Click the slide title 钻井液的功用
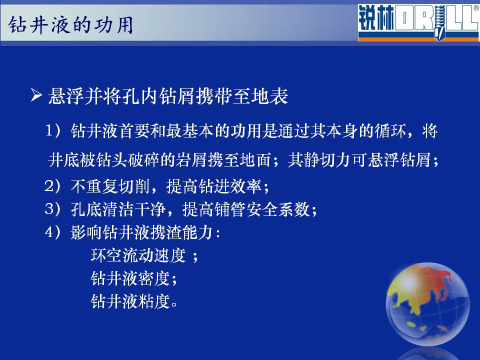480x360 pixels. pyautogui.click(x=70, y=25)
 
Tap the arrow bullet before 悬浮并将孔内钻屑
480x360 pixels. pyautogui.click(x=36, y=95)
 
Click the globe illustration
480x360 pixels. pyautogui.click(x=427, y=304)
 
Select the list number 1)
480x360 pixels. pyautogui.click(x=53, y=130)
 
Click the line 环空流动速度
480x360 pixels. pyautogui.click(x=138, y=255)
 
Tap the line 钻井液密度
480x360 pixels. pyautogui.click(x=130, y=278)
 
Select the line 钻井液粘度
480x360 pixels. pyautogui.click(x=130, y=301)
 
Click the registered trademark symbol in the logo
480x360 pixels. pyautogui.click(x=476, y=8)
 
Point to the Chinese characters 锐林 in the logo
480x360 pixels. pyautogui.click(x=376, y=18)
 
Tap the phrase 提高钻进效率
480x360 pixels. pyautogui.click(x=213, y=186)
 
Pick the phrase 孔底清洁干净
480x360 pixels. pyautogui.click(x=118, y=209)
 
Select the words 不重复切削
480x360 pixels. pyautogui.click(x=110, y=186)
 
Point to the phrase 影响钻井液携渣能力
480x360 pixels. pyautogui.click(x=142, y=232)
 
